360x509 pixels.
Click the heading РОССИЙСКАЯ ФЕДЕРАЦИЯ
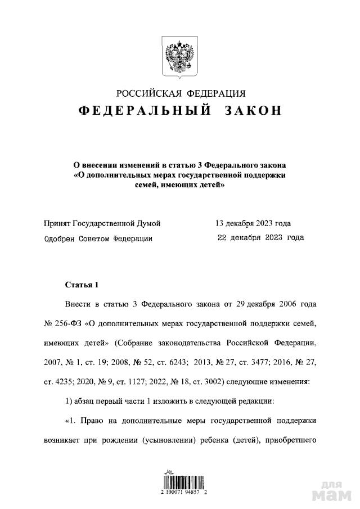click(x=181, y=93)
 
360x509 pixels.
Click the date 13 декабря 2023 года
click(x=253, y=223)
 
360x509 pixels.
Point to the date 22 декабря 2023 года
click(x=260, y=237)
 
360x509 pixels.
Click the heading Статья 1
click(x=82, y=285)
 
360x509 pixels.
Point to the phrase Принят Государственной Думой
click(x=102, y=223)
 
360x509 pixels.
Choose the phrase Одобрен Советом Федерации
click(x=98, y=238)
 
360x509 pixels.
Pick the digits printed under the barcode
click(x=180, y=491)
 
